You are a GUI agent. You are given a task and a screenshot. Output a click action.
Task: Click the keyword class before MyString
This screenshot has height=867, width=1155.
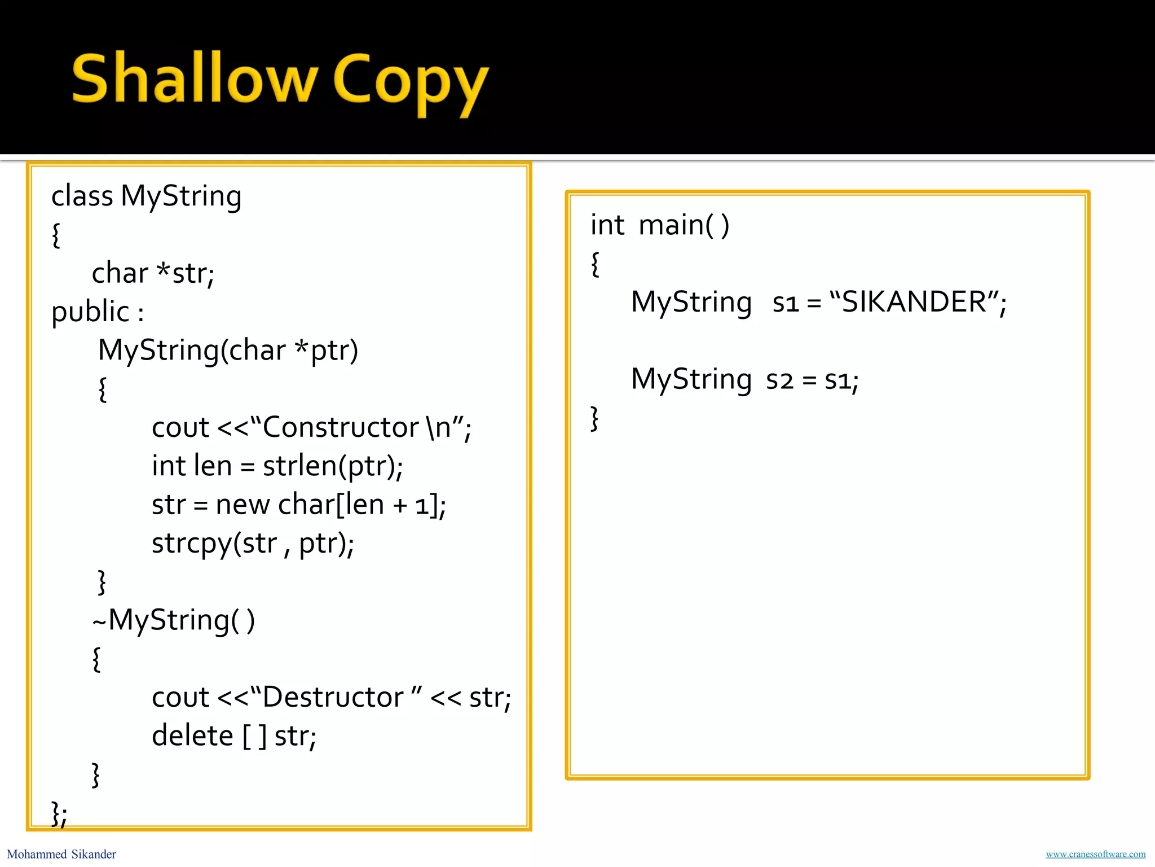coord(82,196)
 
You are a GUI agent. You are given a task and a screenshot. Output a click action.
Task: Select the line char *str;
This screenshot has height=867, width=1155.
coord(153,273)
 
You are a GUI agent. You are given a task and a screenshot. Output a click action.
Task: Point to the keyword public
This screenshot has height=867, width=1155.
coord(90,312)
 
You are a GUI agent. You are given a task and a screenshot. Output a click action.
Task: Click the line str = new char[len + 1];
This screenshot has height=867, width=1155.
coord(298,505)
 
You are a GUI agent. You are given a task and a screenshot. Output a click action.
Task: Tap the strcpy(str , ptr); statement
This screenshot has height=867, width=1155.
coord(253,544)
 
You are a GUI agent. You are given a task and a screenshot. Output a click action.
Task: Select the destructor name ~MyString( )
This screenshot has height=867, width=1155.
coord(174,620)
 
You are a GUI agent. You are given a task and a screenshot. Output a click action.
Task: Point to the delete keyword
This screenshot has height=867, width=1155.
coord(192,736)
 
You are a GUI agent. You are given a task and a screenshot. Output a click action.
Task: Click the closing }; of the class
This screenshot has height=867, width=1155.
coord(59,814)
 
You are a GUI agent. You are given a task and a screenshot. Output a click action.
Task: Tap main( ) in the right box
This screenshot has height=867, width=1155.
coord(684,225)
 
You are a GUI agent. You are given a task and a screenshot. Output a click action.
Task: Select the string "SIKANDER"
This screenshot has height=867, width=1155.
coord(914,302)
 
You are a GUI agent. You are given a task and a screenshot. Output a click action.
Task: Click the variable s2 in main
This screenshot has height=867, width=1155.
coord(779,380)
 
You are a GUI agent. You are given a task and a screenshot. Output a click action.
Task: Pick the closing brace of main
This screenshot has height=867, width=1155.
coord(594,418)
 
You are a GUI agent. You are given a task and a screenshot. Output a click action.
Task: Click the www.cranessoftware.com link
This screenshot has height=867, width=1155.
coord(1095,854)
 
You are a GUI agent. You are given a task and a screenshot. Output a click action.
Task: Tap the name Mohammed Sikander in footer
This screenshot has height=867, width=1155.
coord(61,854)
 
